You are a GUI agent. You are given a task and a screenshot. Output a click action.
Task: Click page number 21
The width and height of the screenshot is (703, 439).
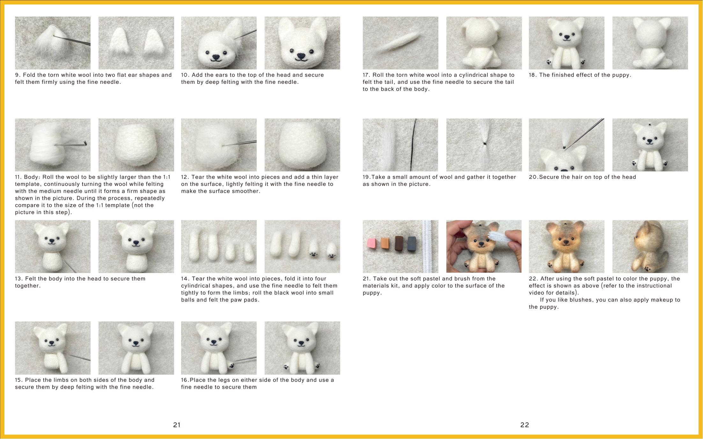[x=177, y=425]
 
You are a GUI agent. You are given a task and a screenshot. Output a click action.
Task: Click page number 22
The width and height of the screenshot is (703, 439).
[x=524, y=425]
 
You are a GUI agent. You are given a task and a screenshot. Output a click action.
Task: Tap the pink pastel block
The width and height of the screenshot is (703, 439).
[x=372, y=244]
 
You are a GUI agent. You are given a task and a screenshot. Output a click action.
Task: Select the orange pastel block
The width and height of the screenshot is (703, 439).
[x=385, y=243]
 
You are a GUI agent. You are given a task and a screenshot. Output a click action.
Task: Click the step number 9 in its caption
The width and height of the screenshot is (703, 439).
[x=18, y=75]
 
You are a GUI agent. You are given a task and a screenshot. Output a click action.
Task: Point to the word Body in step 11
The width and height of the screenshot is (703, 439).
[x=32, y=177]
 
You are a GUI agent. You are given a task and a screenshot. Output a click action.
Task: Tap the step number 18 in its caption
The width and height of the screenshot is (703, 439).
[x=533, y=75]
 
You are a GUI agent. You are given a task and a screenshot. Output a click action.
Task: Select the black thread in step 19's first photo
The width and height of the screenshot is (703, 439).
[x=414, y=145]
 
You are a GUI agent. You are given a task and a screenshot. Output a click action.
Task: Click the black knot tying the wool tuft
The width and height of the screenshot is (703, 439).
[x=484, y=144]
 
